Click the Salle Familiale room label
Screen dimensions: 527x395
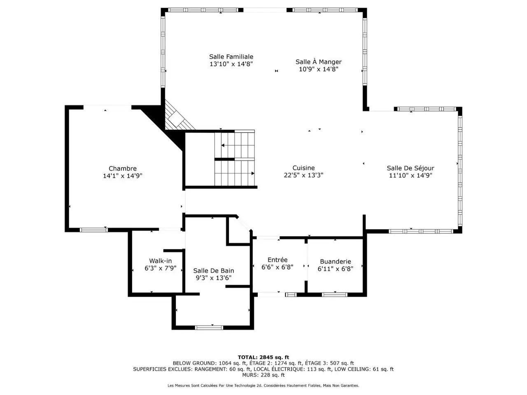(231, 57)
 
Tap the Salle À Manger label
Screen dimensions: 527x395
(318, 62)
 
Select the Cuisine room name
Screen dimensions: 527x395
(303, 168)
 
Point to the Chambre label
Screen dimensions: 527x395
(122, 169)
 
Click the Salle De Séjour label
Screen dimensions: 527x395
(410, 168)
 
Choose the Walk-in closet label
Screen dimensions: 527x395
(161, 261)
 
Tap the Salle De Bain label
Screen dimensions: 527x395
(213, 271)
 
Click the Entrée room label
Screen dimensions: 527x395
(277, 260)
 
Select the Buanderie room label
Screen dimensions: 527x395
(336, 261)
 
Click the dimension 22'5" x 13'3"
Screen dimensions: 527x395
(303, 175)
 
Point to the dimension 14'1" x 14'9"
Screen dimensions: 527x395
(122, 176)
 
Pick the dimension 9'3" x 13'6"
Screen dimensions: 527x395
(213, 278)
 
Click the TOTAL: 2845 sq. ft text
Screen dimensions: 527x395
(263, 357)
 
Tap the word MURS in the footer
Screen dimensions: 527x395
(249, 375)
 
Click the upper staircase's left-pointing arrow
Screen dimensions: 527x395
(223, 145)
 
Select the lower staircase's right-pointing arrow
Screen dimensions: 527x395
(252, 173)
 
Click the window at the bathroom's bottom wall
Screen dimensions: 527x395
(209, 328)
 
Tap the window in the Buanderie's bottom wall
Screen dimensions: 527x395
(334, 295)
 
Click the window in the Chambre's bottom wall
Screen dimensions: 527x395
(93, 230)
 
